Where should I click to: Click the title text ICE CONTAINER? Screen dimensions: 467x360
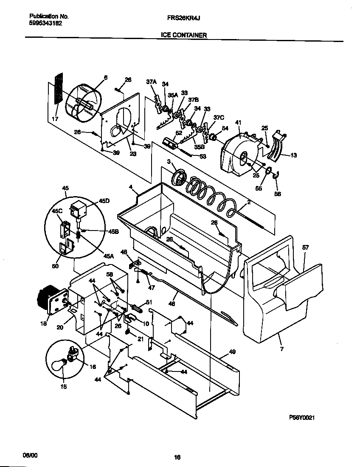coord(184,35)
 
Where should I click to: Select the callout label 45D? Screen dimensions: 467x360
coord(104,201)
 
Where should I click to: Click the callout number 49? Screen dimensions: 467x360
coord(232,352)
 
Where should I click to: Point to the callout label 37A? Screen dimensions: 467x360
coord(152,82)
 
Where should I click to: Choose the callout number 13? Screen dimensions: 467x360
coord(293,155)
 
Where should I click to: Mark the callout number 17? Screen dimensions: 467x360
coord(55,119)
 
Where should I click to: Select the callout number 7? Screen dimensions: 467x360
coord(281,349)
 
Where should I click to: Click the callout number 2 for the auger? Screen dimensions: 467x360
coord(248,203)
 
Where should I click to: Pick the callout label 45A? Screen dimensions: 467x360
coord(109,256)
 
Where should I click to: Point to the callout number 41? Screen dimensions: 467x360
coord(238,123)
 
